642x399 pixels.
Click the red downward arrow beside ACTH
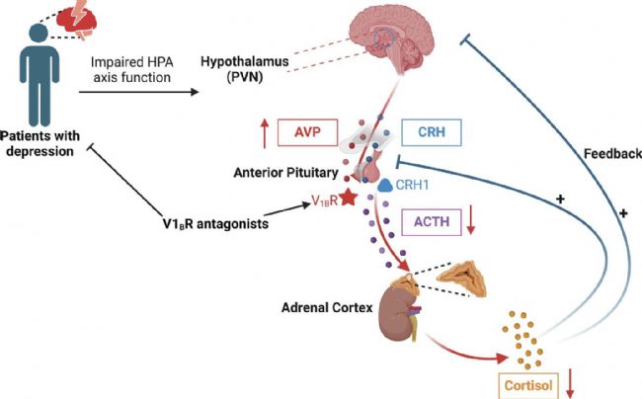471,222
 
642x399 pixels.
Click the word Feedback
612,154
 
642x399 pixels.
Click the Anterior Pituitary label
278,168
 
